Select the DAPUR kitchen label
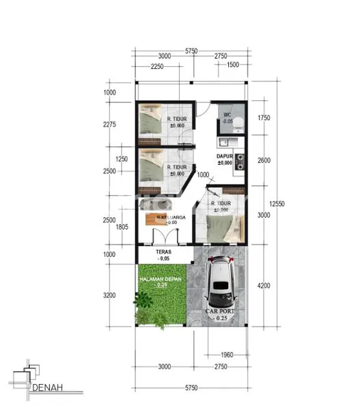(225, 156)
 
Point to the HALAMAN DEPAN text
(160, 279)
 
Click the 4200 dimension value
(264, 286)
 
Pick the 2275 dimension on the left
(111, 124)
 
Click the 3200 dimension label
(111, 295)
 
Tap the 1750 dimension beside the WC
(264, 118)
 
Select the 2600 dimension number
(264, 161)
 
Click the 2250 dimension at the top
(157, 66)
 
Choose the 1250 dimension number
(122, 159)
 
